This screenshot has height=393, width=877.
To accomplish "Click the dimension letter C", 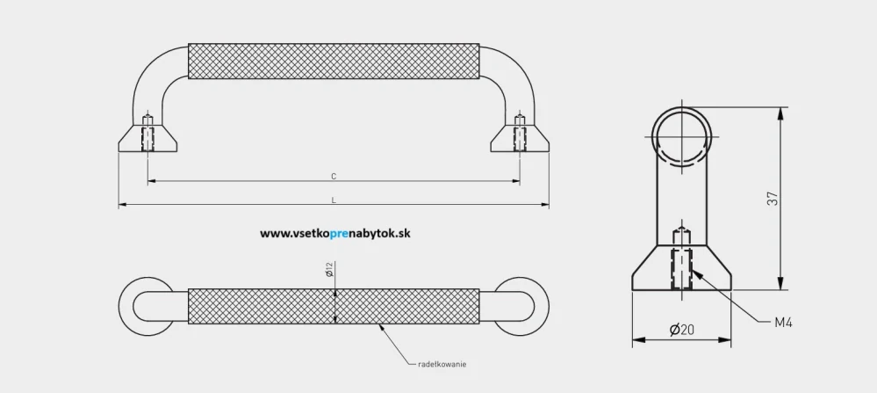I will [334, 176].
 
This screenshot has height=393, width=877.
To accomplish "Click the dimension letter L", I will [334, 200].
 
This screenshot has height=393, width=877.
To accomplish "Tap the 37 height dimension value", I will [773, 200].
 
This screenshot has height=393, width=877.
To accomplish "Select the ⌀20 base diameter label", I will [682, 330].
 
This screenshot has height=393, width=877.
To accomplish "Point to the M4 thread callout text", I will [783, 324].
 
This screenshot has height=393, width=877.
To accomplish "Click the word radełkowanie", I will [442, 364].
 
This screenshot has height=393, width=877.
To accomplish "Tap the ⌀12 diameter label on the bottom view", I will [328, 271].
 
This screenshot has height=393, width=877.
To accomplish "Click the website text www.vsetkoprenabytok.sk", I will [335, 234].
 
